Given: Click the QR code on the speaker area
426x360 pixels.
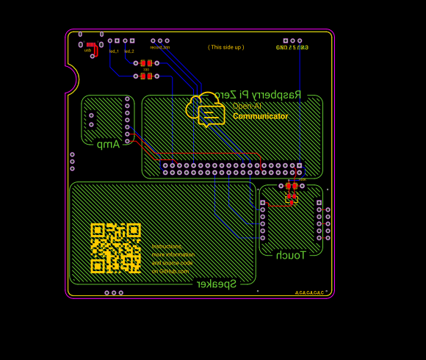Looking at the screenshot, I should point(115,248).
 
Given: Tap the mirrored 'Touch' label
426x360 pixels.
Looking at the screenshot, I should point(290,255).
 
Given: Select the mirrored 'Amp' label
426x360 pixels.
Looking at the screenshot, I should point(108,144).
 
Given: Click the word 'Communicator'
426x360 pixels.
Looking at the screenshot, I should point(261,116).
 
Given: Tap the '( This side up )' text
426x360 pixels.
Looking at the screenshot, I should point(225,47).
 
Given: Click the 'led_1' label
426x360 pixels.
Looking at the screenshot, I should point(114,51).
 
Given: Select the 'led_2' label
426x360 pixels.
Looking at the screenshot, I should point(129,51).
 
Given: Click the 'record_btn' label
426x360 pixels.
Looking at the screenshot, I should point(160,48).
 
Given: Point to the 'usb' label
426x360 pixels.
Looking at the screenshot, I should point(87,51).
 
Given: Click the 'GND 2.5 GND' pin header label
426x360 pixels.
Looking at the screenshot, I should point(292,48).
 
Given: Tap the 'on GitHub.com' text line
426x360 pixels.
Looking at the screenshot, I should point(170,271).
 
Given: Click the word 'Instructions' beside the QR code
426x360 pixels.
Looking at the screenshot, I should point(167,247).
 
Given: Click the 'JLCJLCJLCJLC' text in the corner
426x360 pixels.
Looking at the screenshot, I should point(308,293).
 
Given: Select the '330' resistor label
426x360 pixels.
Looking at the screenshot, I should point(146,69).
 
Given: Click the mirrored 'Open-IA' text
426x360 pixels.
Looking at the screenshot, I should point(247,106).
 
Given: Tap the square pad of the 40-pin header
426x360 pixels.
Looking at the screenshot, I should point(300,166).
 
